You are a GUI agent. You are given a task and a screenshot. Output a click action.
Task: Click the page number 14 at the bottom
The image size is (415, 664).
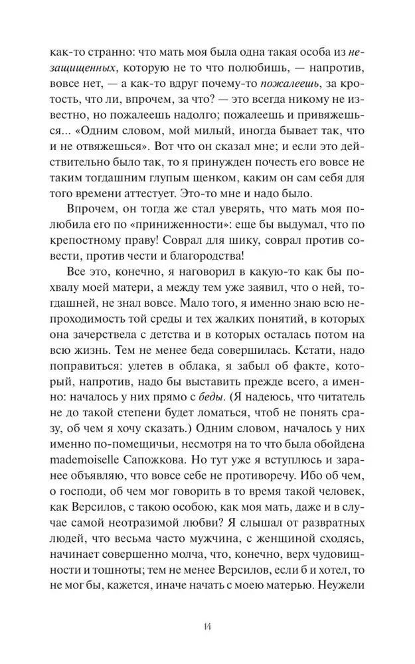point(208,624)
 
